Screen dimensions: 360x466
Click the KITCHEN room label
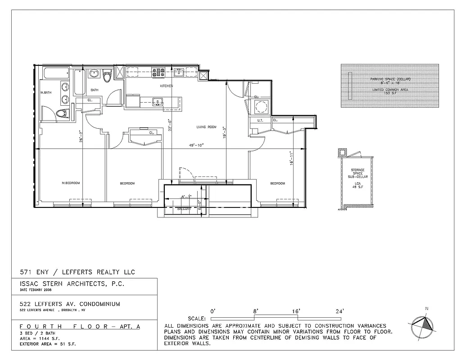coord(167,85)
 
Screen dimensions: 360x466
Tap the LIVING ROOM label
coord(206,127)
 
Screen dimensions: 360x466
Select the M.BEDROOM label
coord(71,183)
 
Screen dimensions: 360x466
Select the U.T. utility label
coord(260,121)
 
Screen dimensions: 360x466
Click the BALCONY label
coord(184,209)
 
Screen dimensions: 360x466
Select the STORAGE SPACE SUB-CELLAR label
coord(358,173)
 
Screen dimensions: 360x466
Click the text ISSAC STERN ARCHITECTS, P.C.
coord(72,284)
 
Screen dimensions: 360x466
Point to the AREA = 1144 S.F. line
coord(40,338)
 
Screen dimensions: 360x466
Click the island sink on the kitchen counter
coord(158,102)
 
